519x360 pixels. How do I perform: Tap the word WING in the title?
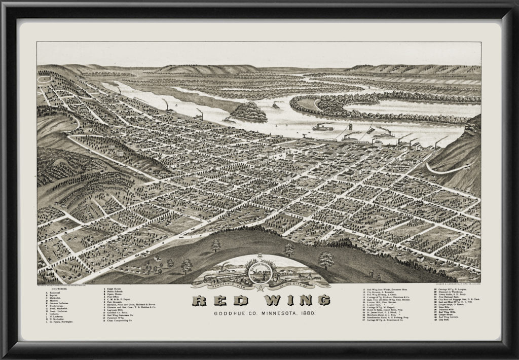[286, 301]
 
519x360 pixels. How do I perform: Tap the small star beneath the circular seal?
[261, 289]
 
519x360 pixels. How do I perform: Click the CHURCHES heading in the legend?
[59, 290]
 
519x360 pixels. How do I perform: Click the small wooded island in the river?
[249, 111]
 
